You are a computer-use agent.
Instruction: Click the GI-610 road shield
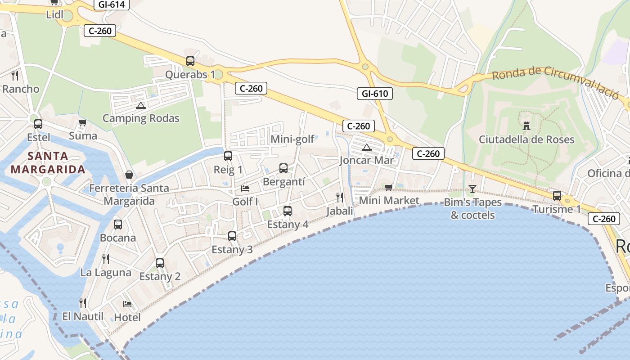click(374, 94)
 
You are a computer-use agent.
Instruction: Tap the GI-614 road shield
click(112, 4)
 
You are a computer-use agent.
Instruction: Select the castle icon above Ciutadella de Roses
click(526, 126)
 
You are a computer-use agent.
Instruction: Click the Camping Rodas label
click(141, 118)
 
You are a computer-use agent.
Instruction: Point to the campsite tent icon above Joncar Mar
click(367, 147)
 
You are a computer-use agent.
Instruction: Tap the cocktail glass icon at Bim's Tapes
click(472, 189)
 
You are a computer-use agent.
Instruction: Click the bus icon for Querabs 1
click(190, 61)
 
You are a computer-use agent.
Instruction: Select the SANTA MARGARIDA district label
click(48, 163)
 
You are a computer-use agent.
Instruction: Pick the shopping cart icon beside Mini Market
click(389, 187)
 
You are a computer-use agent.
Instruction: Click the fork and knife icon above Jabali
click(340, 197)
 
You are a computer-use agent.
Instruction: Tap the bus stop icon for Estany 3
click(232, 236)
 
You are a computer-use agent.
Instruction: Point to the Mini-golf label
click(292, 139)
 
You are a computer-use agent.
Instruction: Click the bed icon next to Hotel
click(127, 304)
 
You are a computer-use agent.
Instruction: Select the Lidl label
click(54, 15)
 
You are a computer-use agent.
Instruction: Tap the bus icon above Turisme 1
click(557, 196)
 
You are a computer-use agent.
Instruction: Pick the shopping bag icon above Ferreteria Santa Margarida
click(129, 175)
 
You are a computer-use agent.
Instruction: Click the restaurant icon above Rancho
click(15, 75)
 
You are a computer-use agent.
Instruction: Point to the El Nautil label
click(83, 316)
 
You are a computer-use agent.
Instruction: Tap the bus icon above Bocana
click(118, 224)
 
